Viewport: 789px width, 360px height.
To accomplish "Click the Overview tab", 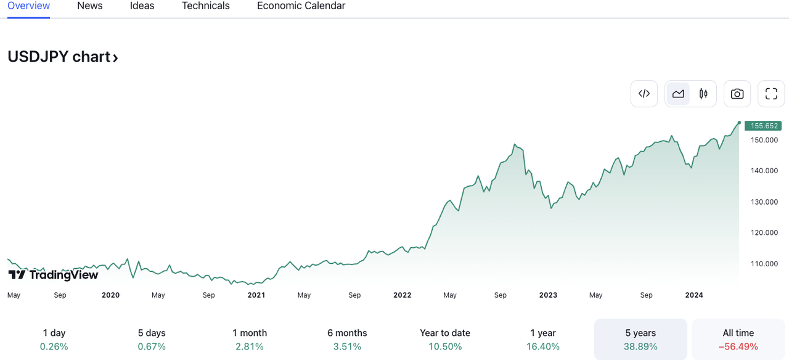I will pos(28,6).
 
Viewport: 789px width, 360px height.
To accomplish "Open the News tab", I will pos(90,6).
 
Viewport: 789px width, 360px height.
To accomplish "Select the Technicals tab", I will pos(205,6).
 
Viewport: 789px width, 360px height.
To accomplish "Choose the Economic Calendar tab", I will pos(301,6).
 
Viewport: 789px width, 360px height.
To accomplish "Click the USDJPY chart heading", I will pos(62,57).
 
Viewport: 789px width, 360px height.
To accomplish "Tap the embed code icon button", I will pos(644,94).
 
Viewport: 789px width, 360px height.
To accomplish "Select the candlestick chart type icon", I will pos(703,94).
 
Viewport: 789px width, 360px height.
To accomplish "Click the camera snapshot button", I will pos(737,94).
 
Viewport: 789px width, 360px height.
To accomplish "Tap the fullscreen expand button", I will pos(771,94).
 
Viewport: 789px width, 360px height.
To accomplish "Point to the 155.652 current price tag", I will pos(763,126).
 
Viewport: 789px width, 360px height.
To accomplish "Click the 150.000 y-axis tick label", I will pos(764,140).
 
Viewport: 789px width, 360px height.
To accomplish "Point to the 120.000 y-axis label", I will pos(764,233).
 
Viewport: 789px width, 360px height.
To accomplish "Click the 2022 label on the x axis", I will pos(403,295).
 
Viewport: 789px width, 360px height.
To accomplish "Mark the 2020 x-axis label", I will pos(111,295).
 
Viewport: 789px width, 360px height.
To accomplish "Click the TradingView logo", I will pos(53,275).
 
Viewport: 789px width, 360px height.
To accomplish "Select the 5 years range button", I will pos(640,339).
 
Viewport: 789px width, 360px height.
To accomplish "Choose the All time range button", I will pos(738,339).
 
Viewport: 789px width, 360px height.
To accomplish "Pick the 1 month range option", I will pos(250,339).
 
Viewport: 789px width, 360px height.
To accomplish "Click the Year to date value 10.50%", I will pos(445,346).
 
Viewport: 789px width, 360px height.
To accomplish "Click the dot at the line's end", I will pos(739,123).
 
